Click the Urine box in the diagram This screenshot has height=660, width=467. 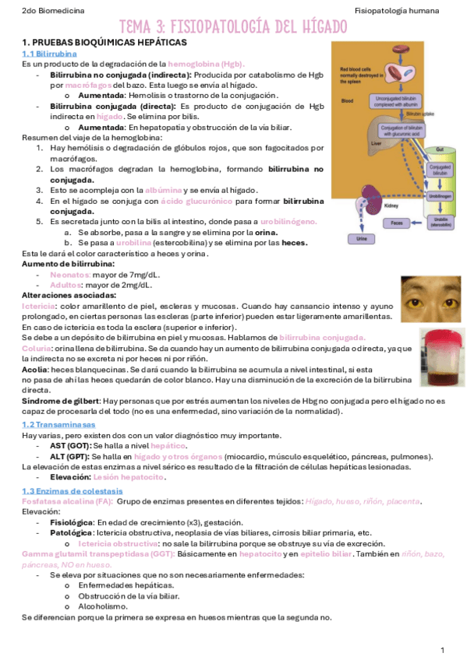(362, 239)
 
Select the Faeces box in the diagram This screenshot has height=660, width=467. (397, 223)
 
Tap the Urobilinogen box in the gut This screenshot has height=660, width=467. (440, 198)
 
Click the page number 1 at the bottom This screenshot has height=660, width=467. (441, 649)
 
